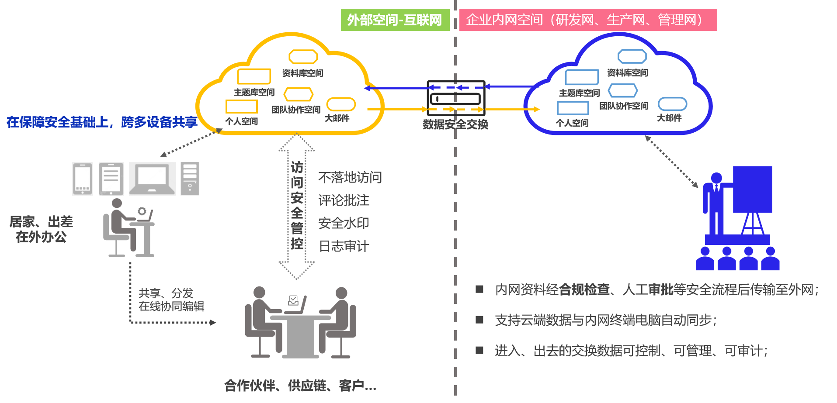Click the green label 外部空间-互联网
pyautogui.click(x=395, y=20)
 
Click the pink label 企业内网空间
pyautogui.click(x=588, y=20)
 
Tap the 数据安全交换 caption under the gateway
pyautogui.click(x=455, y=124)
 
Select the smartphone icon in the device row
pyautogui.click(x=83, y=179)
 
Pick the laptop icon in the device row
pyautogui.click(x=152, y=179)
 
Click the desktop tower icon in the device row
pyautogui.click(x=190, y=179)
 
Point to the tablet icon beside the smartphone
pyautogui.click(x=111, y=179)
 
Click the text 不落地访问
pyautogui.click(x=350, y=177)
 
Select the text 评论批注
pyautogui.click(x=344, y=200)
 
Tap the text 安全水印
pyautogui.click(x=344, y=223)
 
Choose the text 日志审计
pyautogui.click(x=344, y=246)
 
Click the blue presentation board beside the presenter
pyautogui.click(x=752, y=189)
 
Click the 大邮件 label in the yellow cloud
pyautogui.click(x=337, y=118)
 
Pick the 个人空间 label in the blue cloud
pyautogui.click(x=572, y=123)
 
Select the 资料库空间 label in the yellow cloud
pyautogui.click(x=302, y=73)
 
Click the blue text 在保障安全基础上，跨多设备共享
pyautogui.click(x=102, y=122)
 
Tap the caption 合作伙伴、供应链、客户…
pyautogui.click(x=300, y=386)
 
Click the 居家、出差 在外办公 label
pyautogui.click(x=41, y=229)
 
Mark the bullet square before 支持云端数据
pyautogui.click(x=479, y=320)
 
